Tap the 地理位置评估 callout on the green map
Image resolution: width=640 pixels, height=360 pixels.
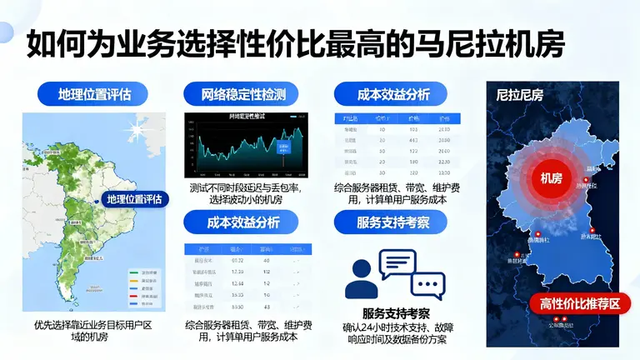[133, 198]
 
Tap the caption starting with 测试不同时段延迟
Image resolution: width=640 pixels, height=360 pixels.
[245, 194]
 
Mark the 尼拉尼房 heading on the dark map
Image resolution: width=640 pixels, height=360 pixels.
[519, 94]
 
